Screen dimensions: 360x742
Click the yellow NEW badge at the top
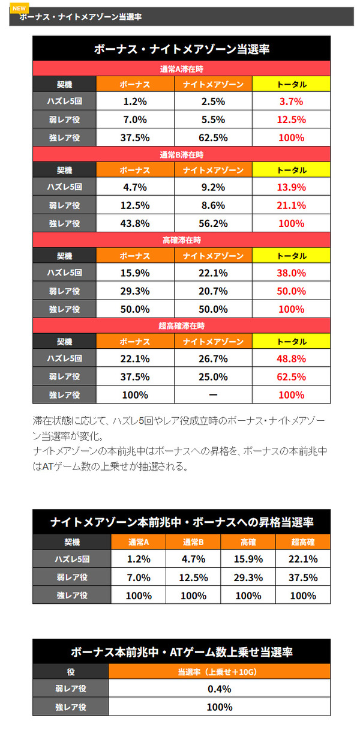point(19,8)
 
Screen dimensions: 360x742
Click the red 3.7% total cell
point(291,101)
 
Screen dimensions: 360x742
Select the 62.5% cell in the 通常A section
point(213,137)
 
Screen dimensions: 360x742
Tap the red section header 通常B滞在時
point(181,155)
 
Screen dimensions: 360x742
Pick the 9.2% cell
point(213,187)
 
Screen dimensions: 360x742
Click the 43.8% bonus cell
point(135,223)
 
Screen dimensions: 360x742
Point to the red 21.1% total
point(291,205)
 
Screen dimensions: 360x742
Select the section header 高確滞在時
point(181,240)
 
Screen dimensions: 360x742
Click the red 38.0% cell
point(291,273)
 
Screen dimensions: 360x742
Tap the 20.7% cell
point(213,291)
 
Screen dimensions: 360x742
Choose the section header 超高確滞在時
point(181,326)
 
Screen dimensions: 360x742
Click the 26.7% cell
point(213,358)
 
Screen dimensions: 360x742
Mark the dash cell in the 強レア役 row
point(213,395)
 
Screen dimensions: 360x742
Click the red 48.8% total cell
point(291,358)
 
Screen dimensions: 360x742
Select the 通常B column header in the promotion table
point(193,542)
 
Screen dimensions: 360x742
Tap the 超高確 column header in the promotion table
point(303,542)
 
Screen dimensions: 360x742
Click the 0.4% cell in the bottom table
point(219,689)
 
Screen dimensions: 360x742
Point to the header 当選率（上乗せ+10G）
point(219,672)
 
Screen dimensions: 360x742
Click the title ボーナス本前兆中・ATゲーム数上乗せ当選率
point(181,652)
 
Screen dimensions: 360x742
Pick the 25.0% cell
point(213,376)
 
